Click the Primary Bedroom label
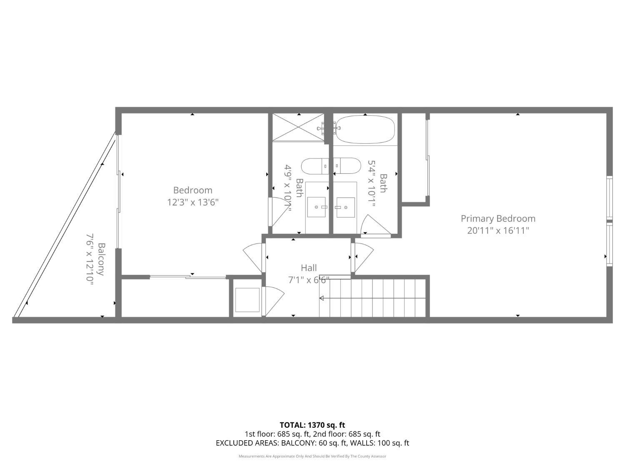coord(498,219)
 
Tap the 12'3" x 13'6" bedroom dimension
coord(193,203)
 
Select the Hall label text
coord(309,268)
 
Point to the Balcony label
coord(101,259)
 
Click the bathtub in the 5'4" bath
coord(365,130)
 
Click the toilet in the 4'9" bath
coord(315,166)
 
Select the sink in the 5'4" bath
coord(345,207)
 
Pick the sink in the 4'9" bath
coord(316,207)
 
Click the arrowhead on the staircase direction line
coord(322,298)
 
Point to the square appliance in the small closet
coord(247,300)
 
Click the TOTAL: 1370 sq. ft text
coord(312,425)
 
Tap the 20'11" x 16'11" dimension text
coord(498,231)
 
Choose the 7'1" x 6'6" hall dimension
coord(309,280)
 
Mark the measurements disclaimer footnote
coord(312,456)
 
